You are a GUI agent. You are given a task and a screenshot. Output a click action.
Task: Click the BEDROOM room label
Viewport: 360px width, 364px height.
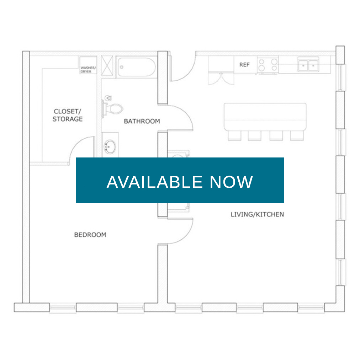click(90, 235)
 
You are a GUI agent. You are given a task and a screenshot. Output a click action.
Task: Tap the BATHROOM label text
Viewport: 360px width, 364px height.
click(142, 121)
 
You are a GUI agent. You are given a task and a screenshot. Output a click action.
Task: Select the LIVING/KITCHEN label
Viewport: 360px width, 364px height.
click(257, 214)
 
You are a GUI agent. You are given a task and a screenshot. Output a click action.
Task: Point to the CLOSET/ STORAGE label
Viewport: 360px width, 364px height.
click(67, 115)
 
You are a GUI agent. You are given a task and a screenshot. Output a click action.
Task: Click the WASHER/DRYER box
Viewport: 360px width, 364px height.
click(88, 65)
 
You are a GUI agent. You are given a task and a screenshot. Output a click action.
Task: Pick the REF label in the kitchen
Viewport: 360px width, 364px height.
click(244, 65)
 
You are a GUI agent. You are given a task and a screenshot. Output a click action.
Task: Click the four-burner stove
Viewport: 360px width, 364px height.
click(268, 65)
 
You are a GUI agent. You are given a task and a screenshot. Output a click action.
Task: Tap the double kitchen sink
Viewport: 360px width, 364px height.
click(308, 65)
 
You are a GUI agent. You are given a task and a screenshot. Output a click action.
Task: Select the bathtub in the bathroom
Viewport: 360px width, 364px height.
click(136, 67)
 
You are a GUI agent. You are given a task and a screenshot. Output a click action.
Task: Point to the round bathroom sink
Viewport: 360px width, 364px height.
click(110, 147)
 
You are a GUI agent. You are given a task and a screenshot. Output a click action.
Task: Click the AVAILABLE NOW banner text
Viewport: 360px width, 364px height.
click(180, 182)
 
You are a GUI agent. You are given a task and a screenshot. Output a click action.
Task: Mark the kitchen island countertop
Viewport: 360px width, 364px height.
click(265, 117)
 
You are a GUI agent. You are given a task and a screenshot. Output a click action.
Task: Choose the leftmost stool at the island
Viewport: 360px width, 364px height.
click(234, 135)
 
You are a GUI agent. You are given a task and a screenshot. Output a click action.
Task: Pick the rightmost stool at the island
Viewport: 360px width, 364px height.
click(297, 135)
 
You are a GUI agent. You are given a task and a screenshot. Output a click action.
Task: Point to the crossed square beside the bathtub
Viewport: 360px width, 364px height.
click(107, 65)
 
